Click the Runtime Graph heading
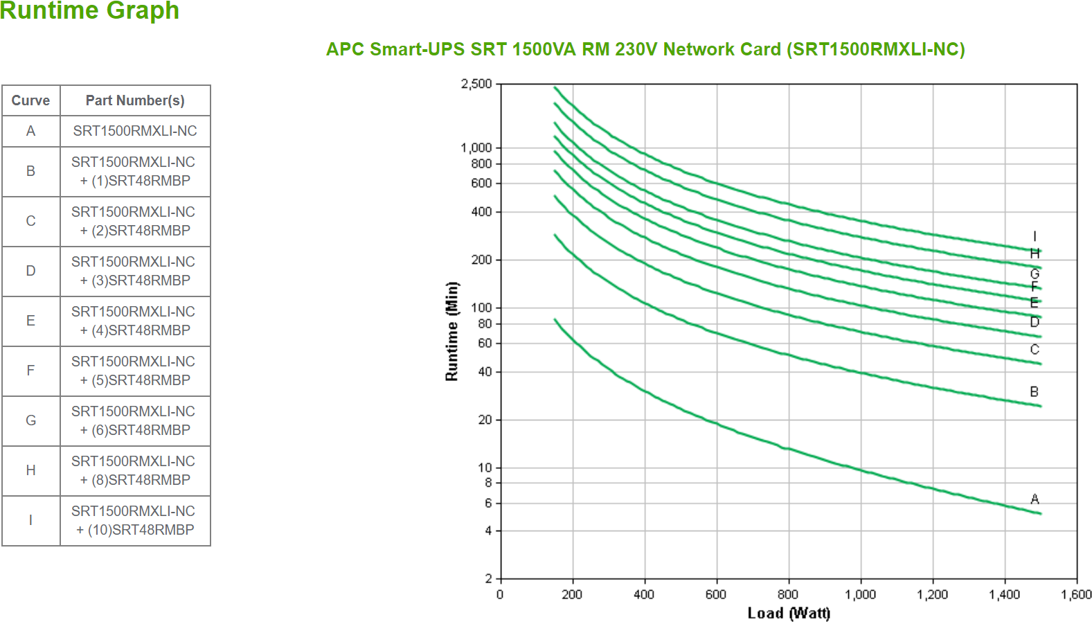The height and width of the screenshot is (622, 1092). click(x=89, y=11)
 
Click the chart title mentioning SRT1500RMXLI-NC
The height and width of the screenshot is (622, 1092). click(x=645, y=49)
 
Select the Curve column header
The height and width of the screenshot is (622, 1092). click(x=30, y=100)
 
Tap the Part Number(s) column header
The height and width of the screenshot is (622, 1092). click(x=135, y=100)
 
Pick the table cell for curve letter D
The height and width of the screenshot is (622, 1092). click(x=30, y=271)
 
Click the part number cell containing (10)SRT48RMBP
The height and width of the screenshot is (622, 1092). click(x=135, y=520)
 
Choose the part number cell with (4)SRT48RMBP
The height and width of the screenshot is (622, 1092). click(x=135, y=321)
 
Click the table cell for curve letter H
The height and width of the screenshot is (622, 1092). click(x=30, y=470)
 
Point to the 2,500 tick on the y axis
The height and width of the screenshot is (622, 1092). click(x=476, y=84)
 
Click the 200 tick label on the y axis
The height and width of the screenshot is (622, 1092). click(x=481, y=260)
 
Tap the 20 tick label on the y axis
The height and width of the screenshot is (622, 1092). click(x=485, y=420)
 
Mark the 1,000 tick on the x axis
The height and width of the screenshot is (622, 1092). click(x=860, y=594)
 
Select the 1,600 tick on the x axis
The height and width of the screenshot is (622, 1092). click(x=1076, y=594)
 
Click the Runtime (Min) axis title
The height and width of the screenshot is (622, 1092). click(x=451, y=331)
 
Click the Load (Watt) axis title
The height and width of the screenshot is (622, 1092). click(x=789, y=613)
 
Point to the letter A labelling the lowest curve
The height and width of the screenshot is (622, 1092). click(x=1035, y=499)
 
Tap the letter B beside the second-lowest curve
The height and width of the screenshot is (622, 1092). click(x=1034, y=391)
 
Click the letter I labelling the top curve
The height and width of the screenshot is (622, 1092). click(x=1035, y=236)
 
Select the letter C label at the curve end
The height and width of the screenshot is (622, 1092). click(x=1035, y=349)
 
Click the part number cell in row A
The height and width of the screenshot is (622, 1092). click(x=135, y=131)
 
